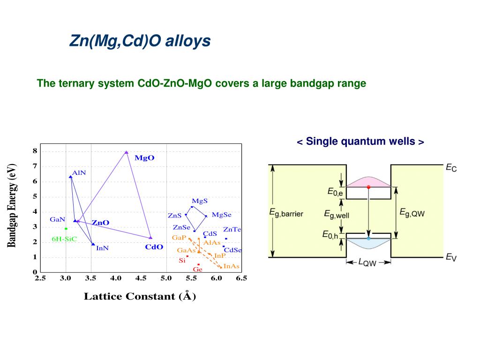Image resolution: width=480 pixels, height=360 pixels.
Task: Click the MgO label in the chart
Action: pyautogui.click(x=144, y=158)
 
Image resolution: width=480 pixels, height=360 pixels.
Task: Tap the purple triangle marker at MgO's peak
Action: pyautogui.click(x=126, y=152)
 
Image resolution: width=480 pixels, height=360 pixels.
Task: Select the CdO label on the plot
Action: pyautogui.click(x=154, y=247)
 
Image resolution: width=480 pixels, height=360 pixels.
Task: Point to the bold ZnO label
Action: pyautogui.click(x=100, y=223)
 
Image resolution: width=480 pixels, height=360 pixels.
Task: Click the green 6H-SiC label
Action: pyautogui.click(x=65, y=239)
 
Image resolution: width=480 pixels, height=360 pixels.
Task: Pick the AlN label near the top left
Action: pyautogui.click(x=79, y=172)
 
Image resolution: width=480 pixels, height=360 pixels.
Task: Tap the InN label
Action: pyautogui.click(x=102, y=248)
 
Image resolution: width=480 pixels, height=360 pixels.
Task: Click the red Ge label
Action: pyautogui.click(x=197, y=270)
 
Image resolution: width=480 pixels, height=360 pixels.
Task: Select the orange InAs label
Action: pyautogui.click(x=232, y=266)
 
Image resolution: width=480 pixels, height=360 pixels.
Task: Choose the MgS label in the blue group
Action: pyautogui.click(x=200, y=201)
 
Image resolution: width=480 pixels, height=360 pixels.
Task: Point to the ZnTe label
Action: pyautogui.click(x=232, y=230)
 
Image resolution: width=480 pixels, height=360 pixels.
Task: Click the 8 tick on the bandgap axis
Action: pyautogui.click(x=35, y=151)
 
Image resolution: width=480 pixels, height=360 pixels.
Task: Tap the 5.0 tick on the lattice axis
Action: pyautogui.click(x=166, y=278)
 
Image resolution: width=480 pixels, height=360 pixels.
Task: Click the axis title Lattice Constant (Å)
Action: pyautogui.click(x=140, y=296)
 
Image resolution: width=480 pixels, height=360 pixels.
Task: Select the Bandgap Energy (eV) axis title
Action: pyautogui.click(x=12, y=205)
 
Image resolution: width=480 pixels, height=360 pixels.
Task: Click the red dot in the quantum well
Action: pyautogui.click(x=368, y=187)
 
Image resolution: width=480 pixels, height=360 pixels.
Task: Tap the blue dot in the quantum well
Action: pyautogui.click(x=368, y=239)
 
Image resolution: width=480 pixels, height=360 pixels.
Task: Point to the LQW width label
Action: pyautogui.click(x=367, y=262)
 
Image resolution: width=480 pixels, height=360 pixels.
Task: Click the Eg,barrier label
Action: pyautogui.click(x=286, y=213)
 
